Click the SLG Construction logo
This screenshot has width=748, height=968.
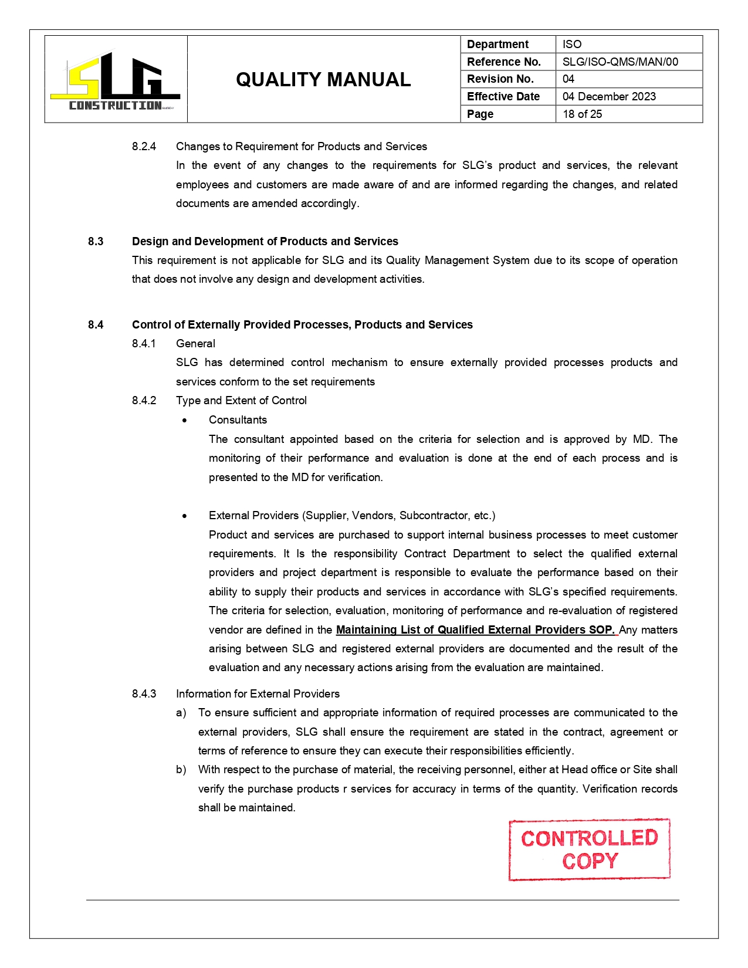click(x=115, y=81)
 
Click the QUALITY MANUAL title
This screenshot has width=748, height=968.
click(x=323, y=80)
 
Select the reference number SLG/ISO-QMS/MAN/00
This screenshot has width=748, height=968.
click(x=620, y=62)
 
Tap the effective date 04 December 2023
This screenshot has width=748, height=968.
click(x=609, y=97)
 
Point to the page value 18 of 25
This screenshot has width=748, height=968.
click(x=582, y=114)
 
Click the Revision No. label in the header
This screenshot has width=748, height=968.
click(x=500, y=79)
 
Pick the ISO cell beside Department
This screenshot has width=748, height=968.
click(x=572, y=45)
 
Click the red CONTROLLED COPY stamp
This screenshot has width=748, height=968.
click(x=589, y=849)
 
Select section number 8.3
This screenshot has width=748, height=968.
click(x=96, y=242)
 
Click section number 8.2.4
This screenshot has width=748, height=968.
click(x=144, y=147)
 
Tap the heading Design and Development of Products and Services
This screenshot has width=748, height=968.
click(x=265, y=242)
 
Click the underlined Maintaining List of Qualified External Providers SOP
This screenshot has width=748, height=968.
click(x=475, y=630)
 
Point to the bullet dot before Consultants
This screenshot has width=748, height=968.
click(x=185, y=421)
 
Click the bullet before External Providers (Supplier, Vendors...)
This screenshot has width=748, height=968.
click(x=185, y=516)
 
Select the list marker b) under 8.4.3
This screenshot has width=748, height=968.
click(x=181, y=770)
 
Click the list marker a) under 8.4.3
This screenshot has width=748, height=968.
click(x=181, y=713)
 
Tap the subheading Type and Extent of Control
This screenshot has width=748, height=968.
click(x=241, y=401)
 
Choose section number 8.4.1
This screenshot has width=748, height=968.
click(x=144, y=344)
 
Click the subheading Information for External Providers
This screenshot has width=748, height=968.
click(x=258, y=694)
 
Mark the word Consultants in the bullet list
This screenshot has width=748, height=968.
click(x=238, y=420)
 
